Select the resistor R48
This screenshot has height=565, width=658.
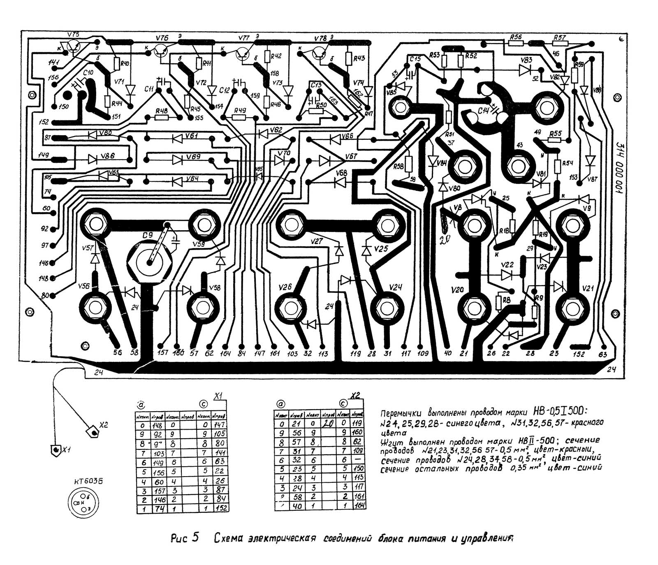[x=162, y=118]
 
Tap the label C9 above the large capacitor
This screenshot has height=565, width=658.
[x=147, y=236]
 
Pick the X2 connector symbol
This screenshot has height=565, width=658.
[x=92, y=432]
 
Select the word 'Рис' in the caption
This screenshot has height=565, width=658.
[x=179, y=538]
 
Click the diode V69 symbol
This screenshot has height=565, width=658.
[x=178, y=159]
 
